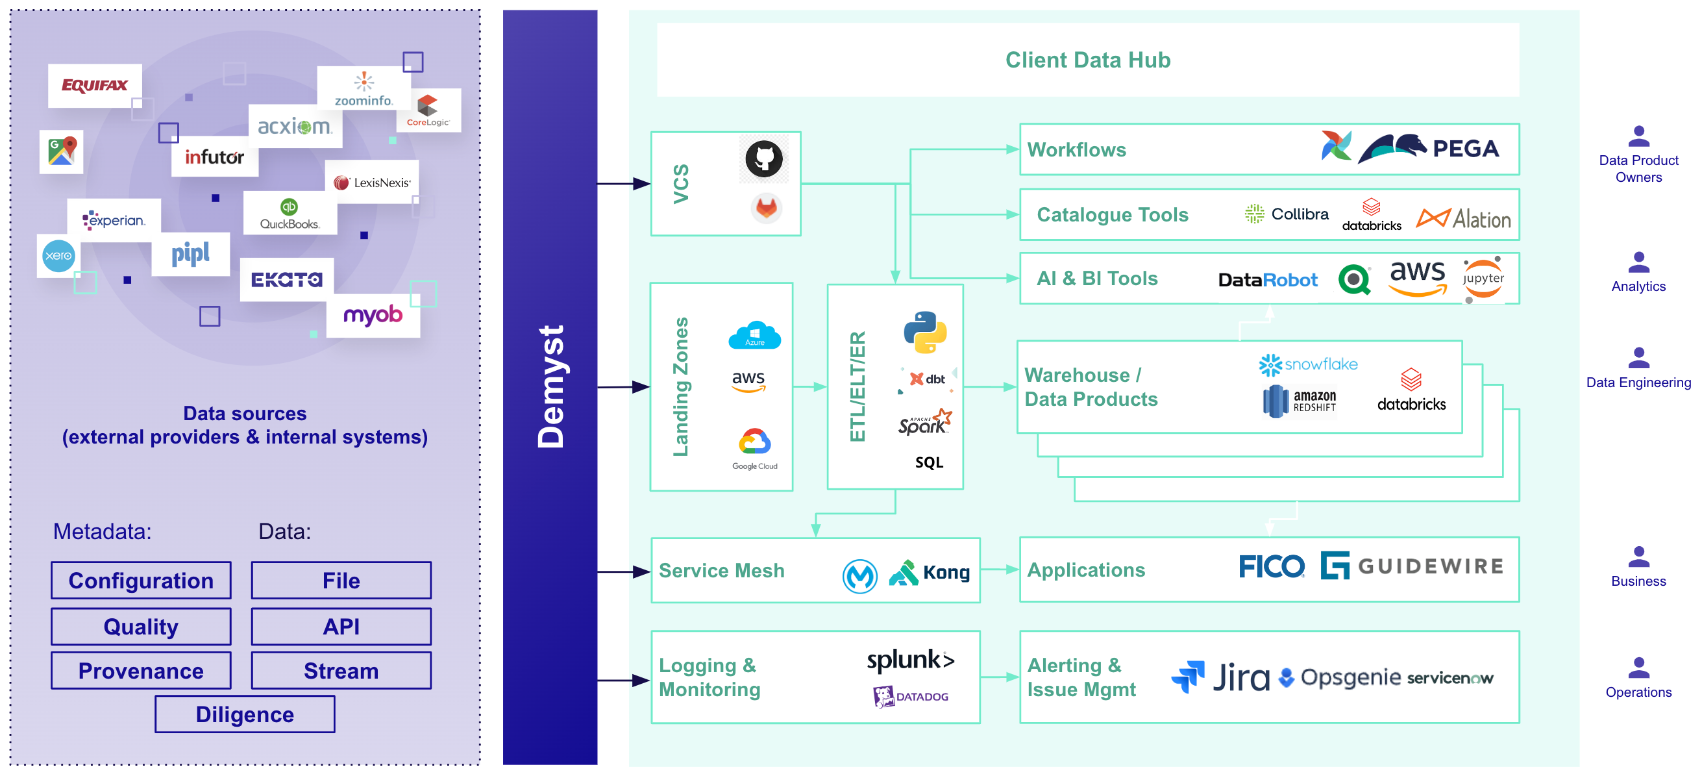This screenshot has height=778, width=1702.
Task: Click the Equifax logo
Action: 95,85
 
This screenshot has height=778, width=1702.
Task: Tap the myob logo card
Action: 373,316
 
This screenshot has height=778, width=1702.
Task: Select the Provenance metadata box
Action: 141,670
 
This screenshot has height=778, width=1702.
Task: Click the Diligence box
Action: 245,714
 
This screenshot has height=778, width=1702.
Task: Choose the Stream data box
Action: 341,670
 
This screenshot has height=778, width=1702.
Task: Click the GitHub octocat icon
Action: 764,158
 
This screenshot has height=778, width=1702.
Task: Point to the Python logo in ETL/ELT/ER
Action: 925,331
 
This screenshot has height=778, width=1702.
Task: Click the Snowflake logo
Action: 1307,364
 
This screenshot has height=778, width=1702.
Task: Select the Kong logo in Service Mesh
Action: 930,572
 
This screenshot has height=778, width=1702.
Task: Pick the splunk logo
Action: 911,660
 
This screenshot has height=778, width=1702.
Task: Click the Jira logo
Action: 1220,677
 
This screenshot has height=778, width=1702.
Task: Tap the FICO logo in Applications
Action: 1271,566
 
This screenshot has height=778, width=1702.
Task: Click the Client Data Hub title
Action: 1087,60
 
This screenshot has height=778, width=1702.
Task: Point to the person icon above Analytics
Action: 1638,262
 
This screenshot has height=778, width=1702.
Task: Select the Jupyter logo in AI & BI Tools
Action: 1483,279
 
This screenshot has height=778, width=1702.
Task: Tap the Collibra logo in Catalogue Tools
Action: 1286,214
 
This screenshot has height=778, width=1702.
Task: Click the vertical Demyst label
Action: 550,386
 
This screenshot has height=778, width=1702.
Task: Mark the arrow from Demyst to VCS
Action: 624,184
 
